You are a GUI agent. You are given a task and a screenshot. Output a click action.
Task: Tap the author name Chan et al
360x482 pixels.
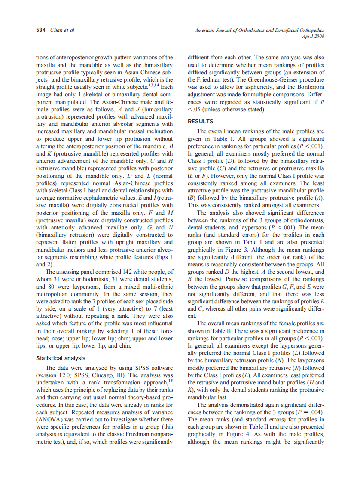[62, 30]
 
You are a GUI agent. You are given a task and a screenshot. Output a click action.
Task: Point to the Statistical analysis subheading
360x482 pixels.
[61, 358]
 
